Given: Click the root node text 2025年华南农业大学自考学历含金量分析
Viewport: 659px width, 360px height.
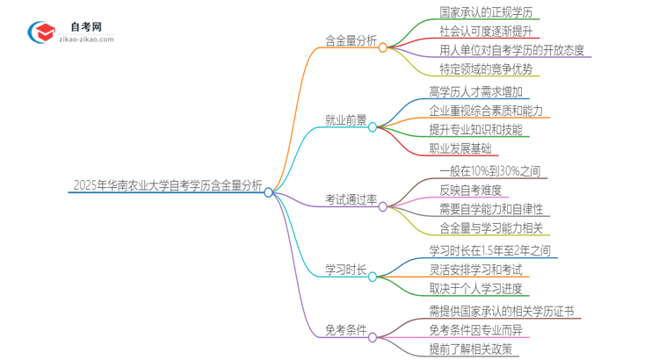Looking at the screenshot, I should pos(167,185).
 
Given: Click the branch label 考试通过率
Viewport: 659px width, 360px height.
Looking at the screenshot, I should pos(351,200).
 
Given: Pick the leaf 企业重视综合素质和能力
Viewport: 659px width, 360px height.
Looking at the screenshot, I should pos(486,112).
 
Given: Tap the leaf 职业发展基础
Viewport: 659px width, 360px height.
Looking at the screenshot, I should pos(460,149).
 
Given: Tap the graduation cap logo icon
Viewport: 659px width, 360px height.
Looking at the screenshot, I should pos(43,33).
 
